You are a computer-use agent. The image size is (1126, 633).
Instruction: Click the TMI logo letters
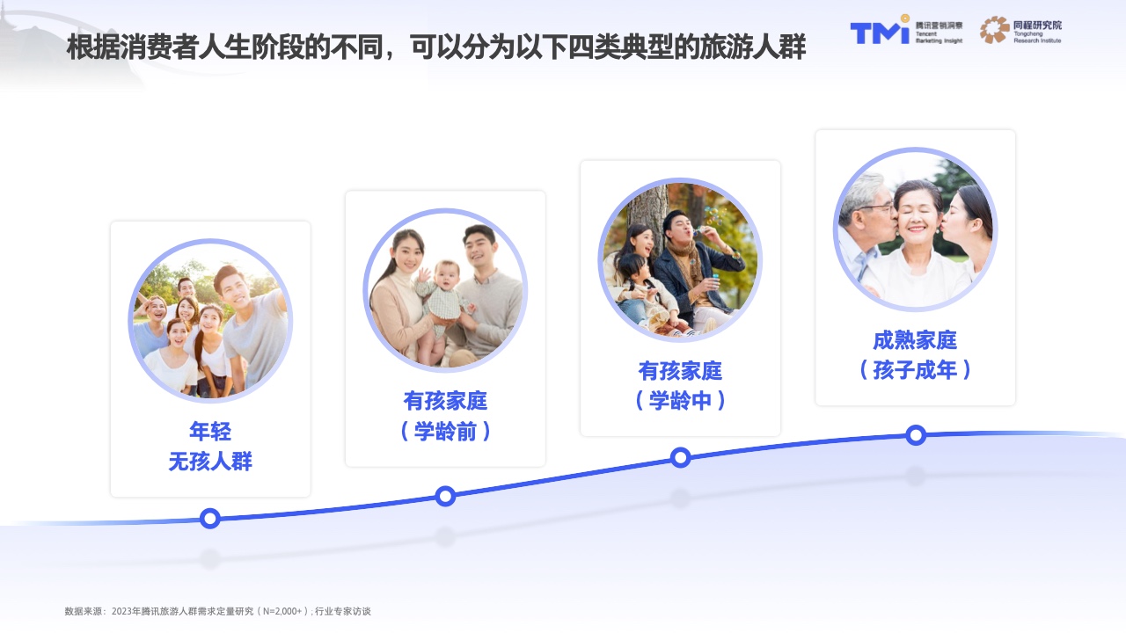[880, 31]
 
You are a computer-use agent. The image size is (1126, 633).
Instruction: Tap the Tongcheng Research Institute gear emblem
[994, 30]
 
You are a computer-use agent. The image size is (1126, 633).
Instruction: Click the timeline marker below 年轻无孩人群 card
[210, 518]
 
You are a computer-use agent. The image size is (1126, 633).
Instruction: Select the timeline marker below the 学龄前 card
[445, 497]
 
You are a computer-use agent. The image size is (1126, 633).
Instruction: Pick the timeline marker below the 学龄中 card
[680, 457]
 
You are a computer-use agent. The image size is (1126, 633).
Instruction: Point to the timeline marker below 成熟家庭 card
[916, 435]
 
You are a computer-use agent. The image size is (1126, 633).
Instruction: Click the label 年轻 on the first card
[210, 431]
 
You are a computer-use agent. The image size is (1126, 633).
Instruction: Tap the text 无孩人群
[210, 462]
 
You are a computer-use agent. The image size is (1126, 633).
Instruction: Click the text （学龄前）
[445, 431]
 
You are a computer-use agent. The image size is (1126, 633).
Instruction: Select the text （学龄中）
[680, 400]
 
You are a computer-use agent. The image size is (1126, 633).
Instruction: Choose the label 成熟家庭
[915, 340]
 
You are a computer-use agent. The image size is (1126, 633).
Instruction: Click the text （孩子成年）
[915, 370]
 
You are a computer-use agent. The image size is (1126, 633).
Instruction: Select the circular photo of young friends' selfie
[210, 321]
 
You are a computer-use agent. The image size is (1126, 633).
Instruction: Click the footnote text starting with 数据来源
[217, 611]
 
